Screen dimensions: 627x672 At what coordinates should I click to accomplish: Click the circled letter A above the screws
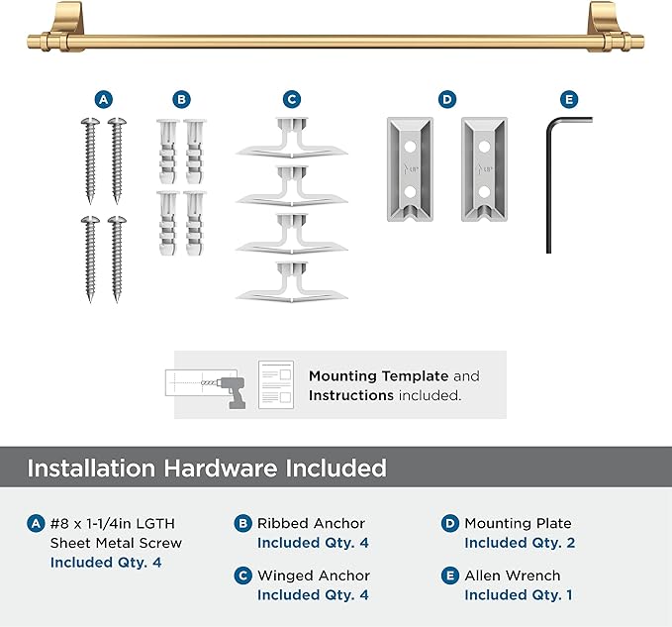click(104, 99)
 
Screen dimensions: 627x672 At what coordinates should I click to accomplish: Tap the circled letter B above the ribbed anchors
click(181, 99)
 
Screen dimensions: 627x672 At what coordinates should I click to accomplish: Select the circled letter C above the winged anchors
click(291, 99)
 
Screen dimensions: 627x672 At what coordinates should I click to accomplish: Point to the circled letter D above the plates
click(447, 99)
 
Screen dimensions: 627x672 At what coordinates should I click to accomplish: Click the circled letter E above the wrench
click(568, 99)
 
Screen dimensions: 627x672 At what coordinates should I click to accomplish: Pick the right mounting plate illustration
click(483, 169)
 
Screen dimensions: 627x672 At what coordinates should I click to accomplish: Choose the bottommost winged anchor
click(291, 283)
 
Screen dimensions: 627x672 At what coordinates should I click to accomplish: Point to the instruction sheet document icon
click(278, 384)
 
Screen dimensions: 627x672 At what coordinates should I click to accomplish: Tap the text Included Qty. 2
click(520, 543)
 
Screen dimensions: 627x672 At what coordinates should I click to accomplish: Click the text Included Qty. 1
click(518, 595)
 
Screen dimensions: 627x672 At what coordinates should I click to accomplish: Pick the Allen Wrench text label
click(512, 575)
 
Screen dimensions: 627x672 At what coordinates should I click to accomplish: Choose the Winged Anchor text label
click(313, 575)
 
